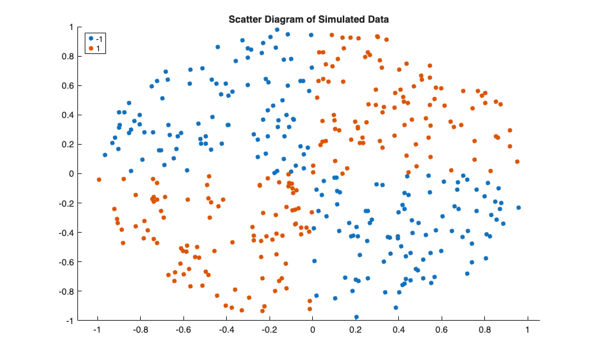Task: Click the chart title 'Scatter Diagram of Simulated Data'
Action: [308, 20]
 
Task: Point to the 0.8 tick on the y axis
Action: [67, 56]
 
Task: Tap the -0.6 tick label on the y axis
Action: [66, 262]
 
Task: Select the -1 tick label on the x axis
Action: [97, 329]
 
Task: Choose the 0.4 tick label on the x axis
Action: [398, 329]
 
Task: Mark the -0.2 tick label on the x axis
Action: [269, 329]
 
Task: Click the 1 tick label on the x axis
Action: [528, 329]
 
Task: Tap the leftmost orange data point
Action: [99, 179]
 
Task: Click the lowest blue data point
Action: [356, 317]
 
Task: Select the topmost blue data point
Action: [277, 29]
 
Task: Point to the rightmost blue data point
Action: [518, 208]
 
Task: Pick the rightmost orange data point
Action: [517, 161]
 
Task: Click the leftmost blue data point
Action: [105, 155]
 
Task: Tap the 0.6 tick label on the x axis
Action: [442, 329]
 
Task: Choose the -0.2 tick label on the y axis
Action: [66, 203]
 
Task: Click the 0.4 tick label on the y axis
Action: [67, 115]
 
